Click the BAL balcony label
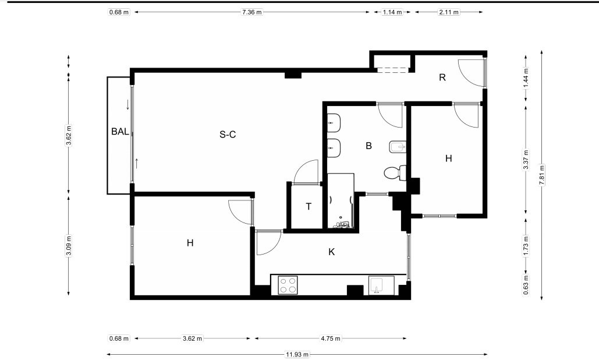point(120,132)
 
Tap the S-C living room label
point(228,135)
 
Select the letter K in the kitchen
point(332,252)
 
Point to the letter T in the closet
point(309,207)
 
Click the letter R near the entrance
point(442,77)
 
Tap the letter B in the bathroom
point(368,146)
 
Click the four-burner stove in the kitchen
point(288,285)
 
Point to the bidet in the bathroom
point(397,147)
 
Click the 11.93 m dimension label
point(297,354)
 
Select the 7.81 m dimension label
point(542,175)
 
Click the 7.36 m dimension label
point(251,12)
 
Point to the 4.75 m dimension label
point(331,338)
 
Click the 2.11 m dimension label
point(449,12)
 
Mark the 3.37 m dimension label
point(526,160)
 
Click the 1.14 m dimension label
point(392,12)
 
